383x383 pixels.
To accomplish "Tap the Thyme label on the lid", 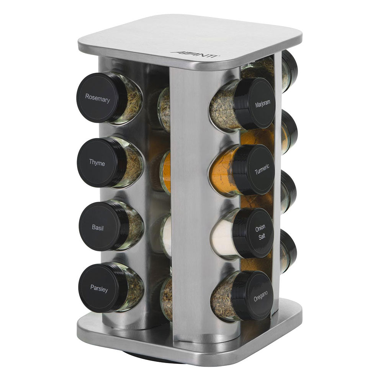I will pos(97,163).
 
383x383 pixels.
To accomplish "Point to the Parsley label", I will pos(99,288).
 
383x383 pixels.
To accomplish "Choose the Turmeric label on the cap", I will pos(262,169).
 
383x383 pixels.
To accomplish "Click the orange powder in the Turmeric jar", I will pos(222,171).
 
